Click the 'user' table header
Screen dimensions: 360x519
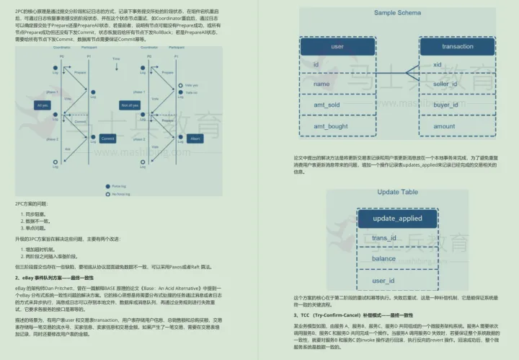[x=337, y=46]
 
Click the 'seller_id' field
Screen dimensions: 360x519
[x=445, y=84]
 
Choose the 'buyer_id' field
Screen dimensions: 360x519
[x=445, y=105]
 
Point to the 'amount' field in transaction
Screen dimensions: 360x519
[x=443, y=126]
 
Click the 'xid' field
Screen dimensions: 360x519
[x=437, y=64]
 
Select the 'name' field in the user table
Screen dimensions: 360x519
[x=321, y=84]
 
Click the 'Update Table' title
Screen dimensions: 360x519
[x=397, y=192]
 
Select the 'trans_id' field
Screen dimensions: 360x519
[x=383, y=238]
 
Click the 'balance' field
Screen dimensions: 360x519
[x=383, y=258]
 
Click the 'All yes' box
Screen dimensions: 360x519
[x=43, y=105]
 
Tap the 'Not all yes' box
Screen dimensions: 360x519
[x=129, y=105]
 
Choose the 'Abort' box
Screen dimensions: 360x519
[x=194, y=139]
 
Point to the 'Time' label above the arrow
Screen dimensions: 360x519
[x=116, y=57]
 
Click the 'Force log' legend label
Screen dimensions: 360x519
[x=119, y=185]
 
